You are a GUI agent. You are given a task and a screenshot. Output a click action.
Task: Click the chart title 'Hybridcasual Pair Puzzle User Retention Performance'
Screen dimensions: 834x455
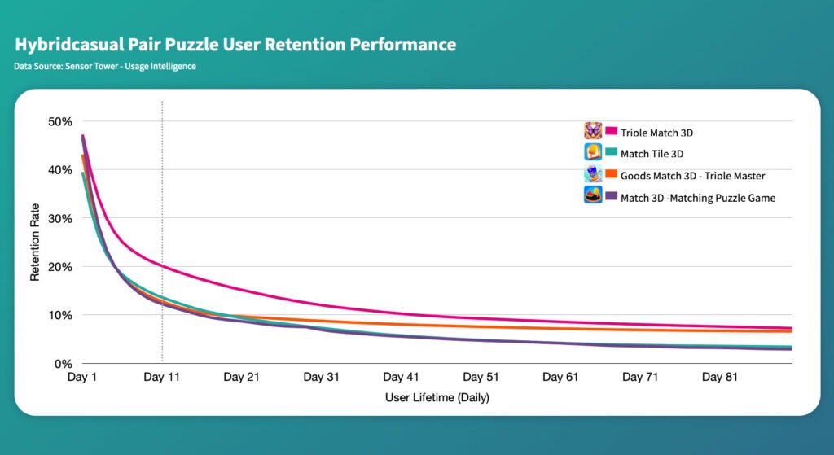pyautogui.click(x=235, y=45)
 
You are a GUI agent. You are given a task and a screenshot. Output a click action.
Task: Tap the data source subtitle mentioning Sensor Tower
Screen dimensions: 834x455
pyautogui.click(x=105, y=67)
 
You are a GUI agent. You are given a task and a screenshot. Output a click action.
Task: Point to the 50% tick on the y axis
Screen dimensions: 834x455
pyautogui.click(x=59, y=122)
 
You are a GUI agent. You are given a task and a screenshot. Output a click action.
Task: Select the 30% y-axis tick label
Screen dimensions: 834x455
pyautogui.click(x=59, y=218)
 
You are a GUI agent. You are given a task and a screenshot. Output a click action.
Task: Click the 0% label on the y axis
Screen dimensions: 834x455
pyautogui.click(x=64, y=364)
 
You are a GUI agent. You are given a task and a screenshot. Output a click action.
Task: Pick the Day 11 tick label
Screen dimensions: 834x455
pyautogui.click(x=162, y=378)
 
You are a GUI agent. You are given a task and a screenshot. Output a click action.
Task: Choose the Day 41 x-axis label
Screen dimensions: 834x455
pyautogui.click(x=401, y=378)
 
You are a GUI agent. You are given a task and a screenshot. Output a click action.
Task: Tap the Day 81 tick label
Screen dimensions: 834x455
pyautogui.click(x=720, y=378)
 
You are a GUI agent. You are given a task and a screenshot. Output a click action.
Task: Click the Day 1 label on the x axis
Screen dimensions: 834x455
pyautogui.click(x=82, y=378)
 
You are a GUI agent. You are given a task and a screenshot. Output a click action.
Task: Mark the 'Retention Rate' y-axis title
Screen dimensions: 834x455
pyautogui.click(x=35, y=242)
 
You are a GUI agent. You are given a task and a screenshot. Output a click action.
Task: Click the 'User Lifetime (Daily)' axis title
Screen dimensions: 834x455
pyautogui.click(x=437, y=397)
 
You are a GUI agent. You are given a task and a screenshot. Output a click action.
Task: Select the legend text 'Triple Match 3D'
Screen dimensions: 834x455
pyautogui.click(x=656, y=133)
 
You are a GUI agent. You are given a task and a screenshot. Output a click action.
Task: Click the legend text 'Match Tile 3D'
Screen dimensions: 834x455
pyautogui.click(x=652, y=154)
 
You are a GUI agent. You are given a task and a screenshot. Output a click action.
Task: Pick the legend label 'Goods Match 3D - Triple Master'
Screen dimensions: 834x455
pyautogui.click(x=692, y=176)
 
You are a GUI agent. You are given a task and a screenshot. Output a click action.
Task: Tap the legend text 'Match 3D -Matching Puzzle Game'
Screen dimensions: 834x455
pyautogui.click(x=698, y=198)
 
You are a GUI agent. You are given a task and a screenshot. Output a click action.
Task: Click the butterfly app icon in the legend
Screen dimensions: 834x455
pyautogui.click(x=593, y=130)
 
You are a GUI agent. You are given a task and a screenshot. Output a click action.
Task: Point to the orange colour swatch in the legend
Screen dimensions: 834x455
pyautogui.click(x=611, y=174)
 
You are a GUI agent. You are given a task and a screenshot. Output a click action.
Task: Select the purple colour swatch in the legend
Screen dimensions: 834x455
pyautogui.click(x=611, y=196)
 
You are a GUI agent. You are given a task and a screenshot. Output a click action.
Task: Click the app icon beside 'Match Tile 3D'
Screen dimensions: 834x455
pyautogui.click(x=593, y=151)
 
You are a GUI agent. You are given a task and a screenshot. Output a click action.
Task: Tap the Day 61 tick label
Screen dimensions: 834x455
pyautogui.click(x=560, y=378)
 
